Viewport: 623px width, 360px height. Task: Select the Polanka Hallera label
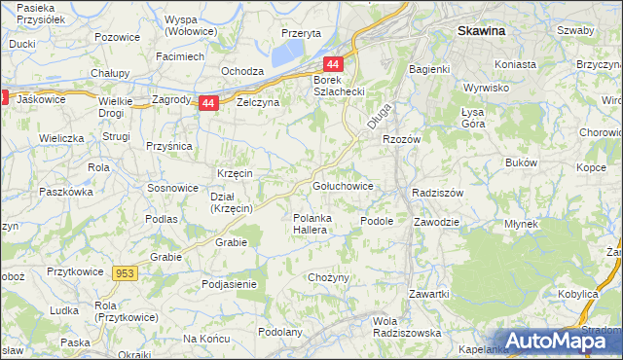(314, 224)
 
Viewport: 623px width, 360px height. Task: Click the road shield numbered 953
(125, 274)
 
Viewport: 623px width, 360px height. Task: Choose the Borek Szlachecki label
(338, 86)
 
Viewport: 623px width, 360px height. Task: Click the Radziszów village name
(437, 193)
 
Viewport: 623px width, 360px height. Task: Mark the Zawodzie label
(435, 221)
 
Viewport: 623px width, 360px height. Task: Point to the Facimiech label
(179, 56)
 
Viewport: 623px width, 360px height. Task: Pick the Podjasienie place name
(229, 284)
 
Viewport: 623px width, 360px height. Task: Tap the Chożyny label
(328, 278)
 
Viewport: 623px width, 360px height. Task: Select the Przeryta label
(301, 32)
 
